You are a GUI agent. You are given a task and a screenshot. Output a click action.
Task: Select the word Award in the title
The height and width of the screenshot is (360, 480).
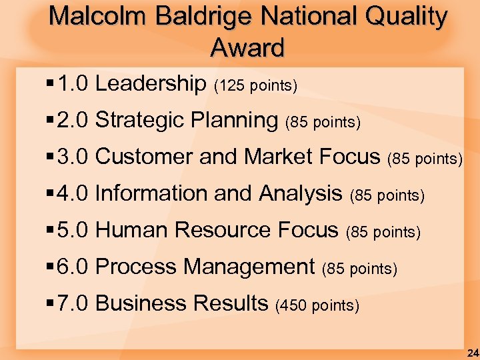coord(247,47)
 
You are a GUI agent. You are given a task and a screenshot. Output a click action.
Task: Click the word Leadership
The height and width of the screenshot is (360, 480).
coord(151,84)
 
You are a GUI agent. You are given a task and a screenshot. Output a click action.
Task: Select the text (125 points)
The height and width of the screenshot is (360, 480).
coord(255,86)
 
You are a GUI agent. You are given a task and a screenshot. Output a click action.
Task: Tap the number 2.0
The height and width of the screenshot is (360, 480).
coord(73,121)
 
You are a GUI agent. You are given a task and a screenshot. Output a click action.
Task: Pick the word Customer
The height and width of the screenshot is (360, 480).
coord(145,157)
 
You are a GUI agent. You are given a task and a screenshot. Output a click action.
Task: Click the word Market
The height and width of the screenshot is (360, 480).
coord(279,157)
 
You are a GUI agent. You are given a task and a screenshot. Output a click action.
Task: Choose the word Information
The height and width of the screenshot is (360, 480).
coord(151,194)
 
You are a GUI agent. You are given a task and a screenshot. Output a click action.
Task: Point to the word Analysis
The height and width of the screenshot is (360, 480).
coord(301,194)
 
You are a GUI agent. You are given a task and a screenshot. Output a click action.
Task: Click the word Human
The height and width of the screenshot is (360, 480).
coord(132,231)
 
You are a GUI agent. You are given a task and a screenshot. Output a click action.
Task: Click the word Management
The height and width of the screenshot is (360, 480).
coord(249,267)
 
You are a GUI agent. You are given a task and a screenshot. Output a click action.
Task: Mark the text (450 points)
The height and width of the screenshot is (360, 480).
coord(317,306)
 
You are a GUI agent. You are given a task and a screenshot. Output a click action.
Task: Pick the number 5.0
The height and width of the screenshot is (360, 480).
coord(73,231)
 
